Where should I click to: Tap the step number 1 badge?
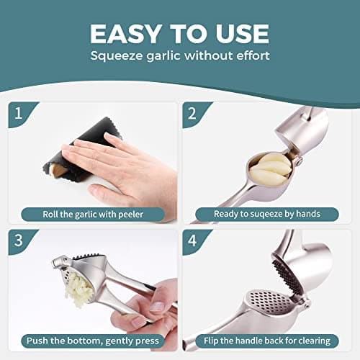click(x=18, y=114)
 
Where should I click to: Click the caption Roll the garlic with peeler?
click(x=93, y=213)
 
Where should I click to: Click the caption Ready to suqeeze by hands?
click(x=267, y=213)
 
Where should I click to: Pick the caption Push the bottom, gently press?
click(x=93, y=340)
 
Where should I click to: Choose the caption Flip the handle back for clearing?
click(x=267, y=340)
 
